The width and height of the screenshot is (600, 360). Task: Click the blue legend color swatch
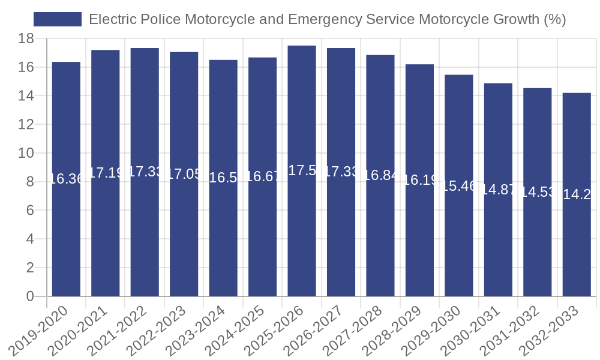[58, 19]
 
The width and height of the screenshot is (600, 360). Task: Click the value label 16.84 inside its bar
[380, 175]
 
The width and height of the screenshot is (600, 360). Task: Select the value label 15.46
[459, 186]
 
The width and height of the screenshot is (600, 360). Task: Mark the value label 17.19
[106, 173]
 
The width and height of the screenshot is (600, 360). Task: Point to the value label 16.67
[262, 176]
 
